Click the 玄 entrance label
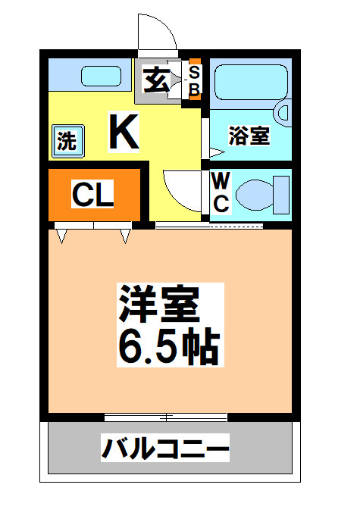(x=155, y=79)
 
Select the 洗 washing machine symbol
(x=67, y=142)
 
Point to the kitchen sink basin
(x=100, y=77)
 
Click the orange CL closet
(x=93, y=195)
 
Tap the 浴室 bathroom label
(x=249, y=136)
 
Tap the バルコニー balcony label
(x=165, y=449)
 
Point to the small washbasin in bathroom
(x=284, y=112)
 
